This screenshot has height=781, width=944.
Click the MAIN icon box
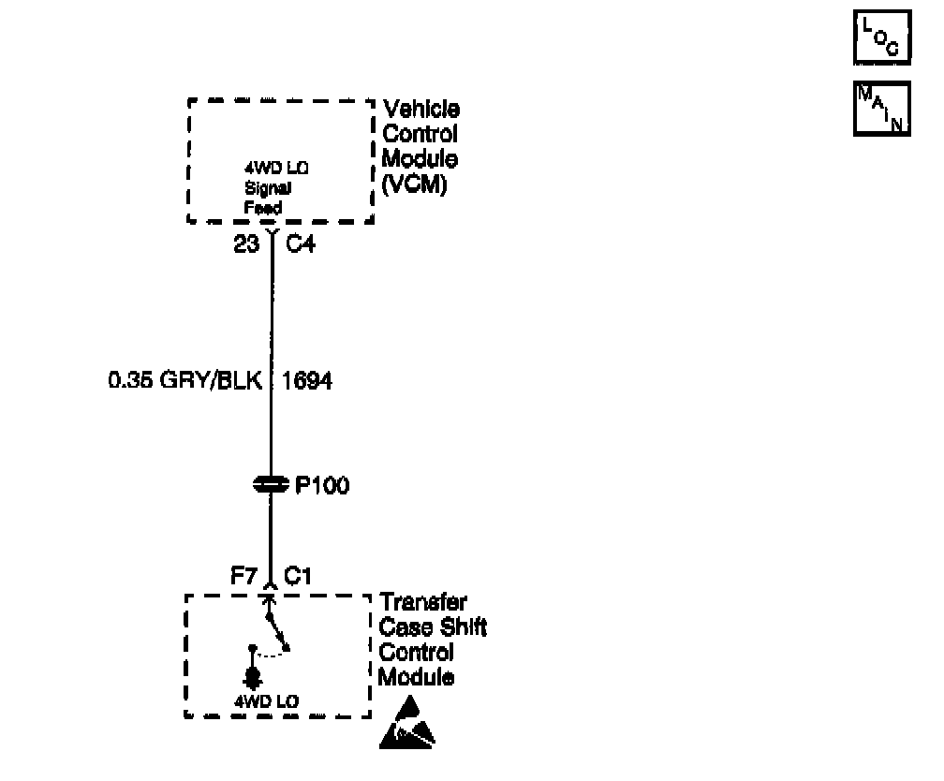(881, 110)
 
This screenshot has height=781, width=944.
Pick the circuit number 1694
(307, 382)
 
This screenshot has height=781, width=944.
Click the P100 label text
(321, 486)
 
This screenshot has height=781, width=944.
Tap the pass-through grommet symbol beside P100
(271, 485)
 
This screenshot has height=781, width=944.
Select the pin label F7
(244, 577)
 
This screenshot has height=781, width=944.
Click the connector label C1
(298, 577)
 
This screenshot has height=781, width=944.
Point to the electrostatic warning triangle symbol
(407, 724)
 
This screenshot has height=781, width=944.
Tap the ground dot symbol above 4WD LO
(251, 676)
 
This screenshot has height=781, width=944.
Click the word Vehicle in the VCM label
(421, 110)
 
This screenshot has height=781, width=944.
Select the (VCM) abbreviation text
(415, 184)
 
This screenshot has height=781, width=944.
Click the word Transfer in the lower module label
(423, 602)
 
